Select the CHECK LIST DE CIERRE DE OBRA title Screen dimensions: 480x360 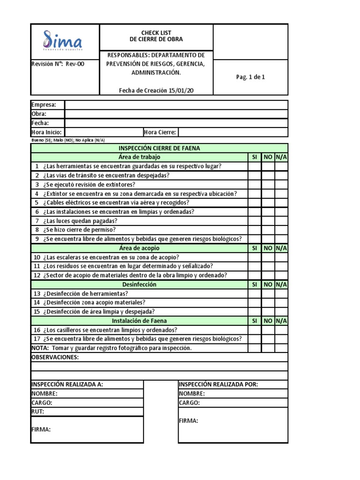pos(156,36)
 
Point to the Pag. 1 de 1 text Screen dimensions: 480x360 pos(250,77)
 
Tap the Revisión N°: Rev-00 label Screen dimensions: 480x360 pos(58,64)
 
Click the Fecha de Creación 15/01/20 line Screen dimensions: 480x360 pos(156,90)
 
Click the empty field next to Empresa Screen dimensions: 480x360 pos(176,105)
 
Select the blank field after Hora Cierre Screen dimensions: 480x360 pos(233,132)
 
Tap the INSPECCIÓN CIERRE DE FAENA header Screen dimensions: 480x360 pos(159,148)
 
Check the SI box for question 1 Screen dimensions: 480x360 pos(255,166)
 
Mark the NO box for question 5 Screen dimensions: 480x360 pos(268,202)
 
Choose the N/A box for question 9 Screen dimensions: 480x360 pos(281,239)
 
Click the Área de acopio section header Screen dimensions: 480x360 pos(139,248)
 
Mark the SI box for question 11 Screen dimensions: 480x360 pos(255,266)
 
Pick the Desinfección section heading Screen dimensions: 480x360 pos(139,285)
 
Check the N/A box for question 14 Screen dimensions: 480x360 pos(281,303)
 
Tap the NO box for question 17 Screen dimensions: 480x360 pos(268,339)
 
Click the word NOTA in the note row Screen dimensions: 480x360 pos(40,348)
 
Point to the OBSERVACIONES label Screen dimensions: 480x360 pos(55,357)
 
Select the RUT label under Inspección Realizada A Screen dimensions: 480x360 pos(37,412)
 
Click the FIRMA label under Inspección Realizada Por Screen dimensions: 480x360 pos(188,420)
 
